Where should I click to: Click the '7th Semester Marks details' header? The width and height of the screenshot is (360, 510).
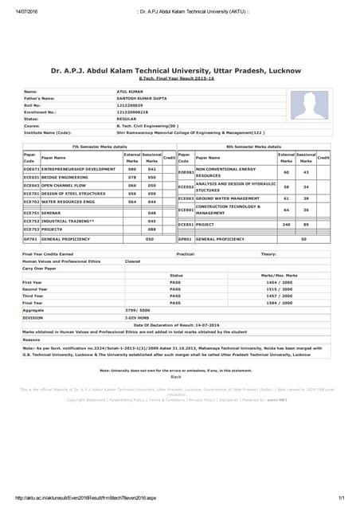(x=100, y=147)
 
